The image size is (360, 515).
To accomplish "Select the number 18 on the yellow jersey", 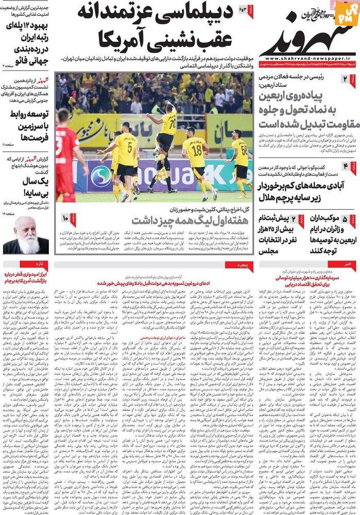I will [196, 150].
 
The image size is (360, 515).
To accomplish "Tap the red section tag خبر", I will [350, 264].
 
